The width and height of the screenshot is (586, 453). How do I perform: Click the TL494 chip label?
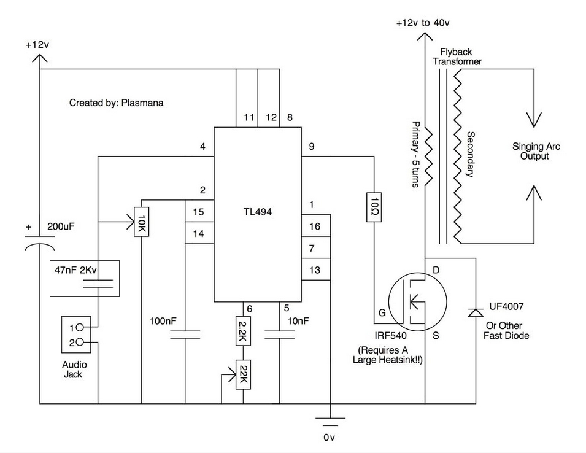point(258,212)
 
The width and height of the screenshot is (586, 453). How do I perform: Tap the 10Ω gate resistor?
point(374,207)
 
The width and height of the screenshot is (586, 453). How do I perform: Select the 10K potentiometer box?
point(141,222)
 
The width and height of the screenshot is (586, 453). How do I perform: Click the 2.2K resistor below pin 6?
point(243,331)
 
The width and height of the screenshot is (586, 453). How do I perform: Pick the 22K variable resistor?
point(243,374)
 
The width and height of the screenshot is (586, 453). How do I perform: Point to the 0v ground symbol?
point(330,422)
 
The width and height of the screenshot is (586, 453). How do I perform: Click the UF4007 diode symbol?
point(476,312)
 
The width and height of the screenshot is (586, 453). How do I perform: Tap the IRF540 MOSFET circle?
point(417,301)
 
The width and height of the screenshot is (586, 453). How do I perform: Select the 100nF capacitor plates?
point(185,335)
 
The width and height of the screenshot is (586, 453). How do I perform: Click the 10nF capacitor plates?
point(279,335)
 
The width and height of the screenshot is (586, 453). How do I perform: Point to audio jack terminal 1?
point(80,328)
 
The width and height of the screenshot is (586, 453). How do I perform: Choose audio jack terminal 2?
point(80,342)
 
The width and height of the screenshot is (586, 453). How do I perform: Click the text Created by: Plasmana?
point(116,103)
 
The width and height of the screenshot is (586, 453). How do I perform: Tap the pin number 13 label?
point(315,270)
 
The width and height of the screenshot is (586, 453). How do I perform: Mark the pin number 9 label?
point(312,147)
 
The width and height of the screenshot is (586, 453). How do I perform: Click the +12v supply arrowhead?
point(39,58)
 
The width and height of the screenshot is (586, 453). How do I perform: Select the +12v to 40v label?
point(423,23)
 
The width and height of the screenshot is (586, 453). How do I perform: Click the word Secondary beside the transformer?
point(471,154)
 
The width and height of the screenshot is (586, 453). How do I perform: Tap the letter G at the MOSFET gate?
point(382,312)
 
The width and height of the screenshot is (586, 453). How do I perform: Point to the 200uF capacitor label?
point(61,226)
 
